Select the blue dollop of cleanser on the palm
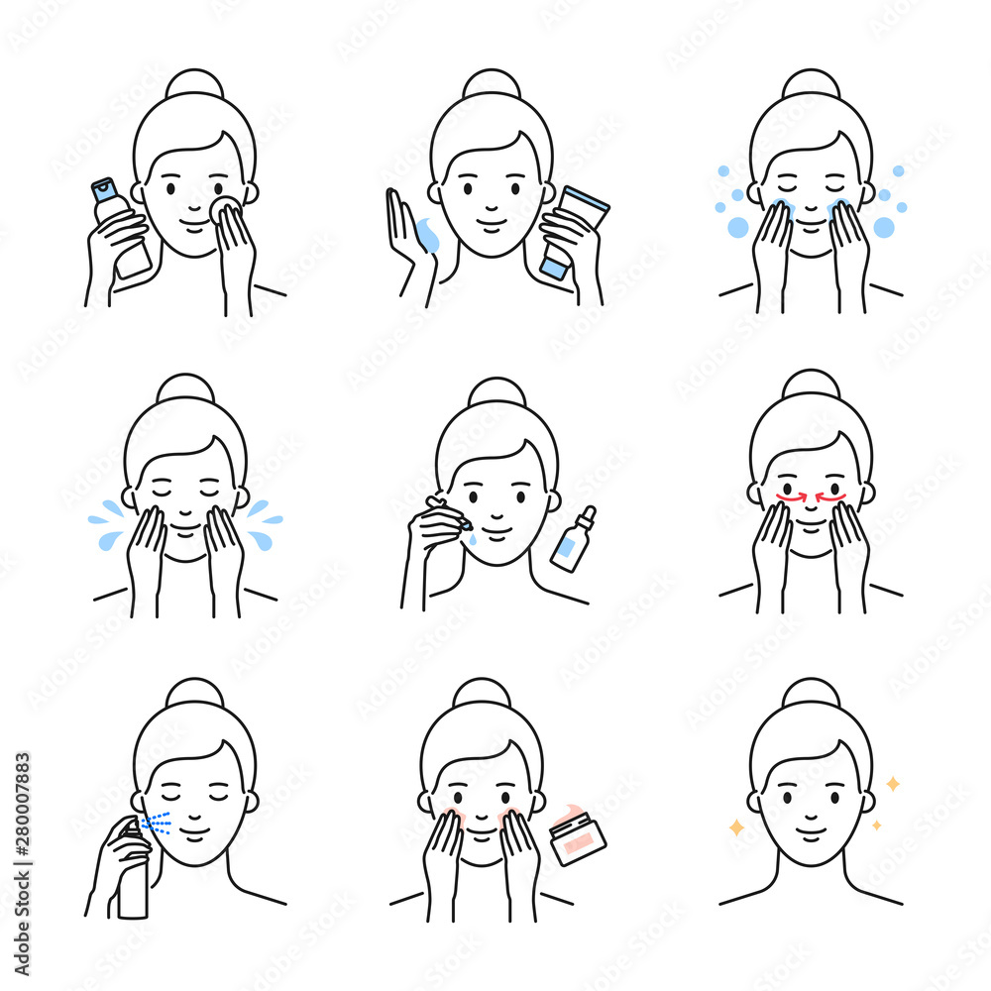(x=428, y=235)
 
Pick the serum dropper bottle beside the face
(x=574, y=543)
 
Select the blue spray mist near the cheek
(x=157, y=824)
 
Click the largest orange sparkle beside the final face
(x=735, y=826)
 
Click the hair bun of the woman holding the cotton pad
(x=194, y=84)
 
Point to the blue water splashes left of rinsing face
(x=107, y=523)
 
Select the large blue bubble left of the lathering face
(x=738, y=228)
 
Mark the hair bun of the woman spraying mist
(x=194, y=694)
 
